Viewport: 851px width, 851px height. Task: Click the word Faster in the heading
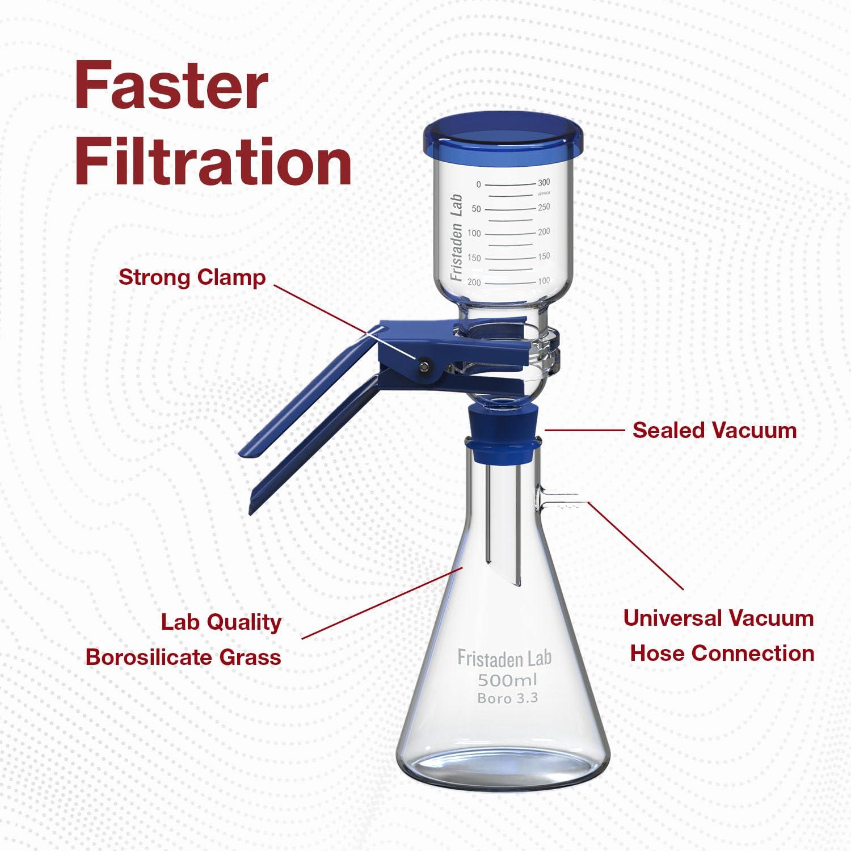click(x=171, y=86)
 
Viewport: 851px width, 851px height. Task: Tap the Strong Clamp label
click(x=192, y=277)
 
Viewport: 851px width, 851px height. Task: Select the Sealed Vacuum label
click(x=714, y=430)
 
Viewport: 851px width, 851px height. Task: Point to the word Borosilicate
click(x=149, y=657)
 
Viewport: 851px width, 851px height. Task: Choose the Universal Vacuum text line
click(x=718, y=618)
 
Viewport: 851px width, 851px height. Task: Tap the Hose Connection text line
click(x=722, y=653)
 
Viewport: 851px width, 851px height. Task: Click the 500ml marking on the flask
click(x=507, y=680)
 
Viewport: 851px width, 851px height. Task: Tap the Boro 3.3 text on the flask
click(x=507, y=698)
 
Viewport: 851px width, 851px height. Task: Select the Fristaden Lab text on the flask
click(x=504, y=658)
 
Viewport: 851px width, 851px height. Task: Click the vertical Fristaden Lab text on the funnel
click(x=457, y=237)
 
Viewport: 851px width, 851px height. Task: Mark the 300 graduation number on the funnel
click(x=544, y=183)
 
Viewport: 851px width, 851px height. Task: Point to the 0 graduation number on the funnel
click(x=478, y=184)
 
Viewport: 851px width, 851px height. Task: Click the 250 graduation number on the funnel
click(x=544, y=207)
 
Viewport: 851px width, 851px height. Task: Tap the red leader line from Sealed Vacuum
click(x=584, y=430)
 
